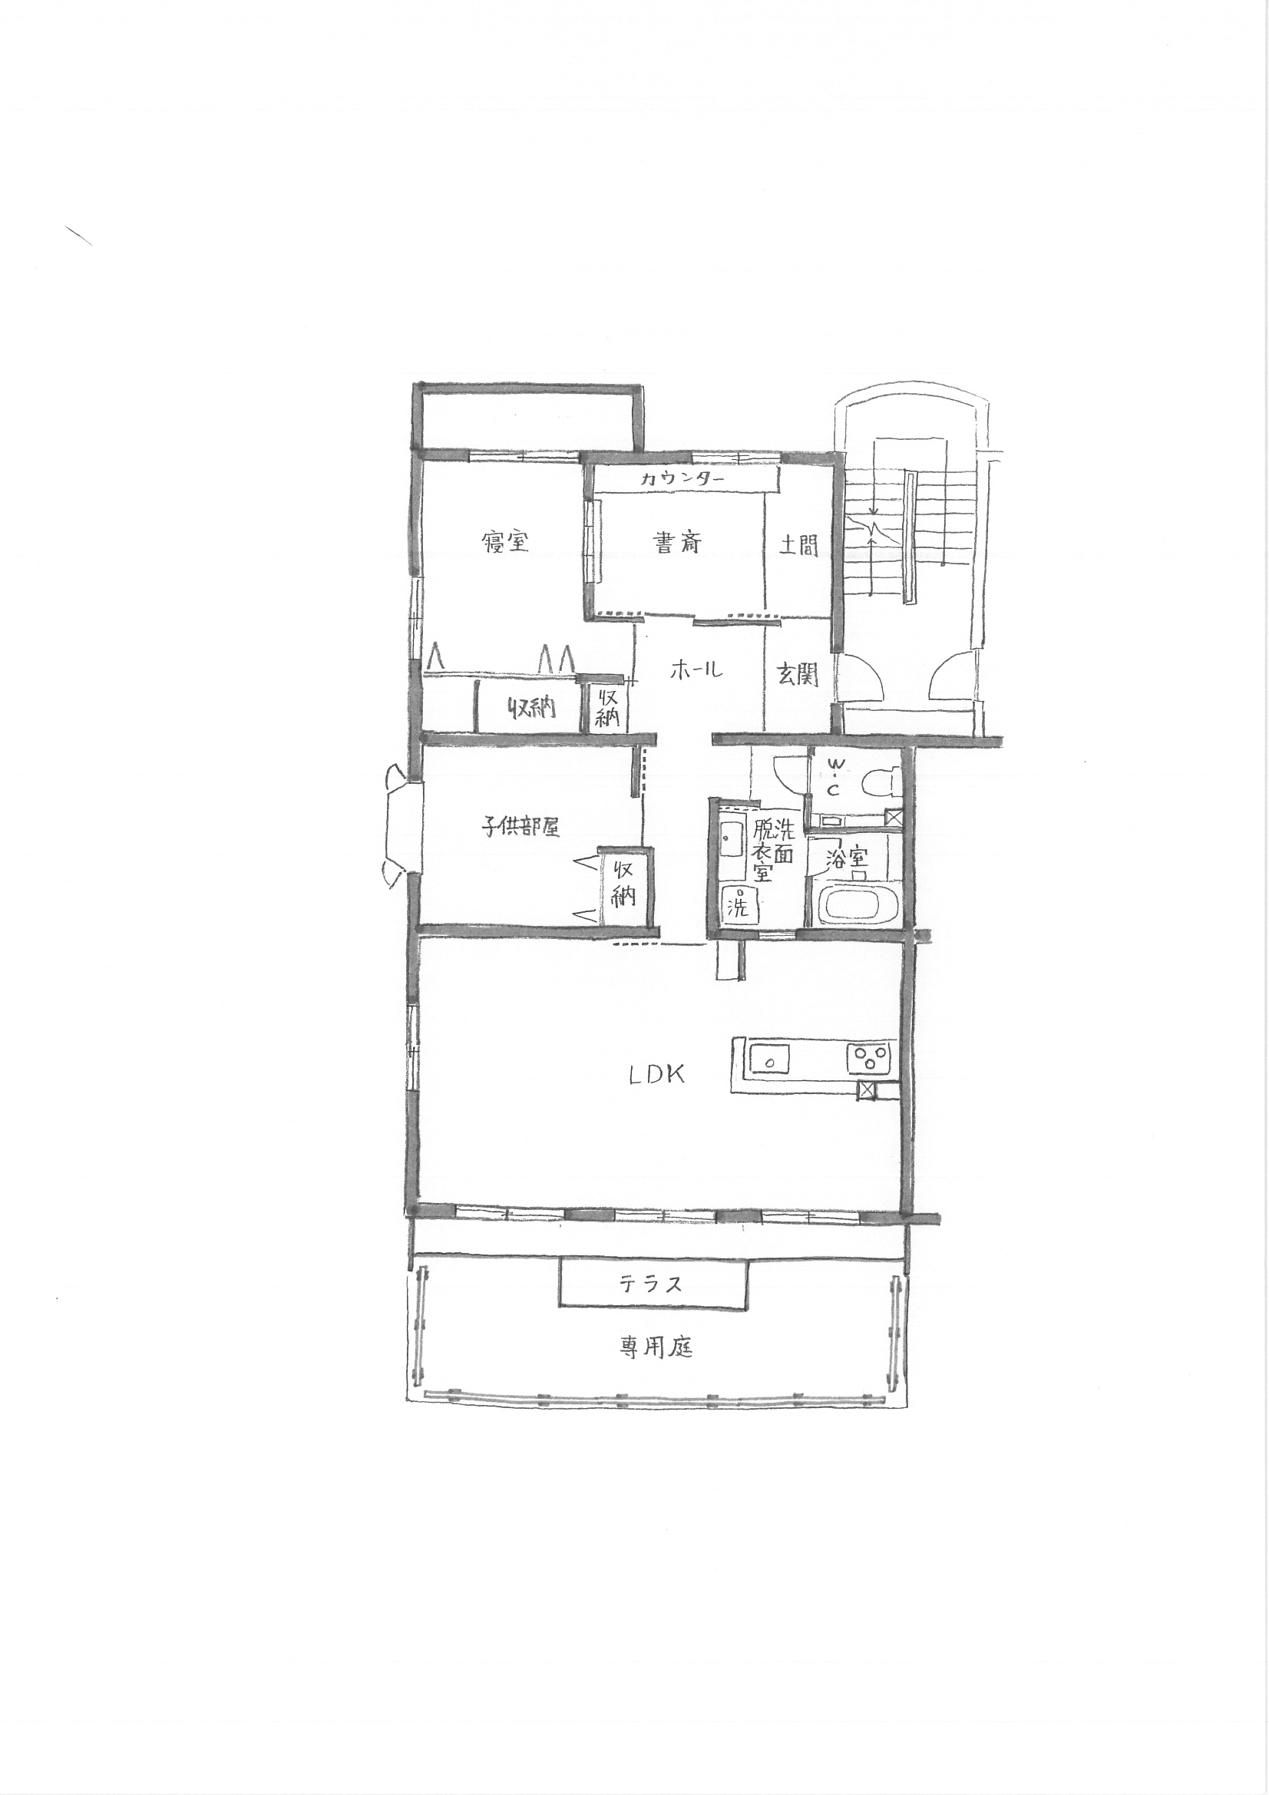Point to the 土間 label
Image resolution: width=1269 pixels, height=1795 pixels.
pyautogui.click(x=798, y=544)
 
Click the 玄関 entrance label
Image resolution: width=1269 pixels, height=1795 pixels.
pyautogui.click(x=798, y=674)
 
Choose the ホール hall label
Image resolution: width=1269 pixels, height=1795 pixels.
pyautogui.click(x=696, y=669)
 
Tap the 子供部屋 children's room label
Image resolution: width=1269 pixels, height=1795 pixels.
pyautogui.click(x=520, y=827)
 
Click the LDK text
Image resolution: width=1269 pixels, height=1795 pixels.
pyautogui.click(x=658, y=1075)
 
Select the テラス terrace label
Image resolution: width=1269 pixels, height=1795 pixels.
pyautogui.click(x=651, y=1283)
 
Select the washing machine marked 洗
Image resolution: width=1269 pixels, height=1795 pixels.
pyautogui.click(x=736, y=905)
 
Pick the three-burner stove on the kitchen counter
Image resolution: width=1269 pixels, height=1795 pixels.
pyautogui.click(x=871, y=1059)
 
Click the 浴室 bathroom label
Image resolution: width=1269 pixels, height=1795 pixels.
pyautogui.click(x=848, y=858)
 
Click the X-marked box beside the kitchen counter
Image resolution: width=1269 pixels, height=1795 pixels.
pyautogui.click(x=866, y=1092)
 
